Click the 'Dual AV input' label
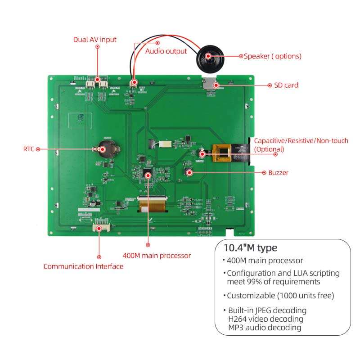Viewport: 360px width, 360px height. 94,40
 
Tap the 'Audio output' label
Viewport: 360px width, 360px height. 166,51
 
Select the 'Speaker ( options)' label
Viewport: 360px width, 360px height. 273,56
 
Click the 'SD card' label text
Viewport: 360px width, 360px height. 286,85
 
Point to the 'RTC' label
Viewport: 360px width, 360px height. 29,148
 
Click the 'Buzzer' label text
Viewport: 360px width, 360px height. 278,172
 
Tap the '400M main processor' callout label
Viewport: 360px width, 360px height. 163,256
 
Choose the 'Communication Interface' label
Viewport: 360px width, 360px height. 83,266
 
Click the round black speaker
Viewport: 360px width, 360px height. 208,56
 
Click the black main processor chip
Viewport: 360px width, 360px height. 147,173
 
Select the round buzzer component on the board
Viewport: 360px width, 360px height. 189,172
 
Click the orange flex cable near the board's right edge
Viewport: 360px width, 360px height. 223,153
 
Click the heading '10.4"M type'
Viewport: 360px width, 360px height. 251,248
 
